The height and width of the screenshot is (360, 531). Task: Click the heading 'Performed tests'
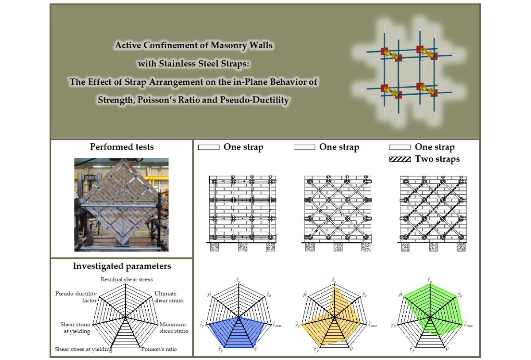[x=122, y=147]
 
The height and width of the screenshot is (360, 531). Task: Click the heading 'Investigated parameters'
[x=122, y=266]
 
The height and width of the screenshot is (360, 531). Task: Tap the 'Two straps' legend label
[x=437, y=159]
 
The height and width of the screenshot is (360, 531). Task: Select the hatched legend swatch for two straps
[x=400, y=159]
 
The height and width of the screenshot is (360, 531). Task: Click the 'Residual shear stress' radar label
[x=127, y=280]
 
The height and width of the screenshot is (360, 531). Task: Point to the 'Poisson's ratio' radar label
[x=159, y=349]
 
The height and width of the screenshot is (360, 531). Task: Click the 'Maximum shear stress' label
[x=174, y=328]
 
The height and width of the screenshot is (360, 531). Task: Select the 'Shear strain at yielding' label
[x=75, y=328]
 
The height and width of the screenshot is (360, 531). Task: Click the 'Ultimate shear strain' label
[x=169, y=297]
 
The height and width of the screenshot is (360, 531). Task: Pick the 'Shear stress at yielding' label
[x=83, y=349]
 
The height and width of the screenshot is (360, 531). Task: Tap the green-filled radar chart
[x=431, y=310]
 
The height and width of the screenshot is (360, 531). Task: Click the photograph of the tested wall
[x=122, y=204]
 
